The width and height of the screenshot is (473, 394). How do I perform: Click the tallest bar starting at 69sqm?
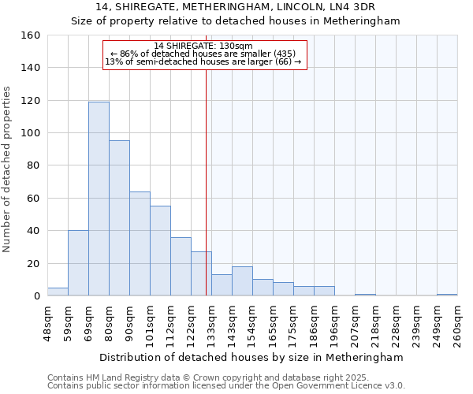point(99,199)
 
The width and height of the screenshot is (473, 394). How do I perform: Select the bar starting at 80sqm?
point(119,218)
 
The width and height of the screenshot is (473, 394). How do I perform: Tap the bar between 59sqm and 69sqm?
point(78,263)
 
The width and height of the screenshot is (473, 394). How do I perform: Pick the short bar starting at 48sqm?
point(58,292)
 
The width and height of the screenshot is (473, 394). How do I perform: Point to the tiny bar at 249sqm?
point(447,295)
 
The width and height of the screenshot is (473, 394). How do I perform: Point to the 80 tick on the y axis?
point(33,166)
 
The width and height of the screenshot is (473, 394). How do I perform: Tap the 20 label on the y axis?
point(33,264)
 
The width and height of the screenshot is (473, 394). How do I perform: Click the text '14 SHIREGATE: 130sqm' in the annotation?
point(203,46)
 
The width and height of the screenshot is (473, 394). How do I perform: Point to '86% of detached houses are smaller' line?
point(203,54)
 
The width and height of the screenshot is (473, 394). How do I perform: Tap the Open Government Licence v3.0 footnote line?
point(226,385)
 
